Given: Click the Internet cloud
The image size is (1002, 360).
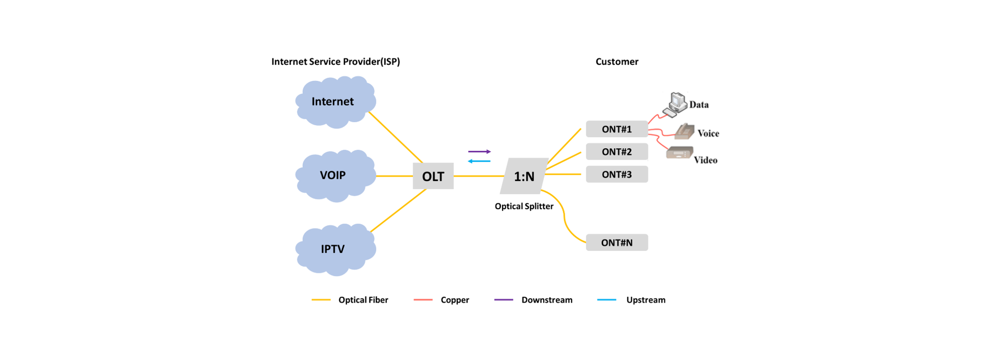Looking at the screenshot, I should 335,102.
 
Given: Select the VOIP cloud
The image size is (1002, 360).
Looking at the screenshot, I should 335,175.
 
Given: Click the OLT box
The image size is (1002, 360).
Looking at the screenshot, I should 433,176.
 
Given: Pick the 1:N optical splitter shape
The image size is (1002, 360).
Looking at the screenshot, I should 524,176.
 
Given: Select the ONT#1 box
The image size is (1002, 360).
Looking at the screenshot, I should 616,129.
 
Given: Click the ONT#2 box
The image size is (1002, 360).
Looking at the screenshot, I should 616,152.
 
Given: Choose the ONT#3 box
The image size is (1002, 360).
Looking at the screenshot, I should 616,174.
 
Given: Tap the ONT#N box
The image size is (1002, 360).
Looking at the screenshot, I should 616,243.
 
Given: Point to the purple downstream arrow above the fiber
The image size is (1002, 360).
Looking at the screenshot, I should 479,152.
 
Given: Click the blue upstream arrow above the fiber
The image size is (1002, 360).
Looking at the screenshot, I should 479,161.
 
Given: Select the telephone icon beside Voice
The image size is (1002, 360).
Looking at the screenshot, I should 684,131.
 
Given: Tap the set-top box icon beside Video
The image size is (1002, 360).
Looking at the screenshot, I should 679,153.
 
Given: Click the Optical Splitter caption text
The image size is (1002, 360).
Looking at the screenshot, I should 524,206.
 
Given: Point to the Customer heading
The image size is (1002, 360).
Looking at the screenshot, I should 617,62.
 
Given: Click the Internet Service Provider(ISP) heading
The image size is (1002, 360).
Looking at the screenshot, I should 336,62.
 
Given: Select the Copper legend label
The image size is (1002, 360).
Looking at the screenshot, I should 455,300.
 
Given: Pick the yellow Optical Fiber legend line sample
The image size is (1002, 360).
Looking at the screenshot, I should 321,300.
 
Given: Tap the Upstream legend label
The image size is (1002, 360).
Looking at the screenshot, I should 646,300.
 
